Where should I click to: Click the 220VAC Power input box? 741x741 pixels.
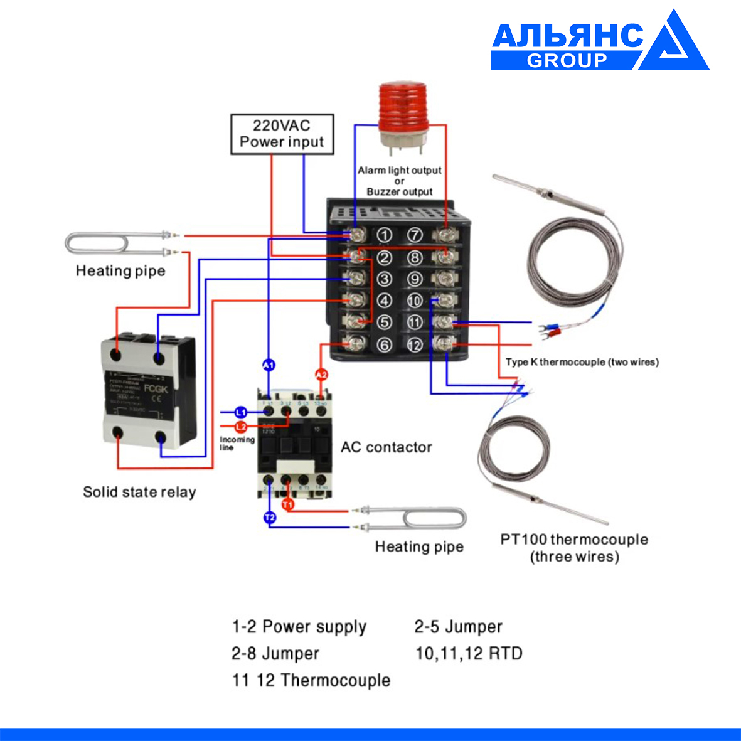coord(282,134)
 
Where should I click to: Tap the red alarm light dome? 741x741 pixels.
coord(402,107)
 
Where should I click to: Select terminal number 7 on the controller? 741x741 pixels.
coord(415,235)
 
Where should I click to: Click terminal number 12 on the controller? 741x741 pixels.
coord(415,344)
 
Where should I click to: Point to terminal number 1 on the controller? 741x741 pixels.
coord(385,235)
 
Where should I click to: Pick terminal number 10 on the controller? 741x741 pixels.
coord(415,301)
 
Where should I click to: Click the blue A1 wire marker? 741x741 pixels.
coord(269,365)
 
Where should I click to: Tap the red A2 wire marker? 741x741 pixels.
coord(321,375)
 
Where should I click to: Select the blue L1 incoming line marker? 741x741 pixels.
coord(241,412)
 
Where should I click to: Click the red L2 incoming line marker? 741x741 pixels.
coord(241,427)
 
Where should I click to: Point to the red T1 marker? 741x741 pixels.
coord(288,504)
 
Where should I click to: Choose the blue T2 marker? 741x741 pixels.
coord(269,518)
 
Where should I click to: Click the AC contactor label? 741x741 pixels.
coord(386,447)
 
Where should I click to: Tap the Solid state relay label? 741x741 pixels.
coord(139,492)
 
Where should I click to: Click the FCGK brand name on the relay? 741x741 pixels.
coord(156,389)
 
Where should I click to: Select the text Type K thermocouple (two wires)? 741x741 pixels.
coord(582,362)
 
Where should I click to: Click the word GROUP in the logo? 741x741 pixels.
coord(567,60)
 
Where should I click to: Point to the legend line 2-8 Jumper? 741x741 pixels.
coord(275,653)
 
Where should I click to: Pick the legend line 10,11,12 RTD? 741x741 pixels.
coord(469,653)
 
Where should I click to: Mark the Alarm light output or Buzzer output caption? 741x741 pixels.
coord(400,181)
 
